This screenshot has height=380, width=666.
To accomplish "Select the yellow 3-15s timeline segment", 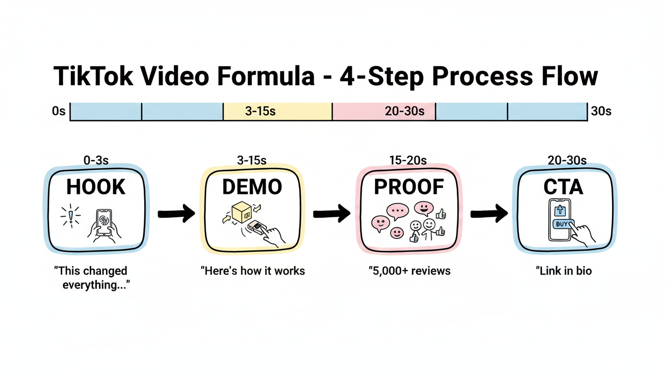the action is (277, 111).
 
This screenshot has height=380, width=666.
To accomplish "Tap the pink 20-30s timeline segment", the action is (384, 111).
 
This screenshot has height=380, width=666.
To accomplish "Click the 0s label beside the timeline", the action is (58, 111).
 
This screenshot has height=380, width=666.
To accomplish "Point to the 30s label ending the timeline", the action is (601, 111).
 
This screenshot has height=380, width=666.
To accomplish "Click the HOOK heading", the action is (96, 187).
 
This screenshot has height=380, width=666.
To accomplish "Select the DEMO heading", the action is (252, 187).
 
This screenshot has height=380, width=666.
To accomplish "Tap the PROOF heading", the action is (409, 187).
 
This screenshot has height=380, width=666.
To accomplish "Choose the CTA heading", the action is (565, 187).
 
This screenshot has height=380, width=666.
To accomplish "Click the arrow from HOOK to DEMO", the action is (176, 214).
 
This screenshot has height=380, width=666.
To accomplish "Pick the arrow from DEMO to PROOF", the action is (332, 214).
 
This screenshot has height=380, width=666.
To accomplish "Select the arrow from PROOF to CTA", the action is (489, 214).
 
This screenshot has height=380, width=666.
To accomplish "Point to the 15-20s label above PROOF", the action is (409, 160).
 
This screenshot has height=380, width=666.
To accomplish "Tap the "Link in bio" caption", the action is (564, 271).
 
